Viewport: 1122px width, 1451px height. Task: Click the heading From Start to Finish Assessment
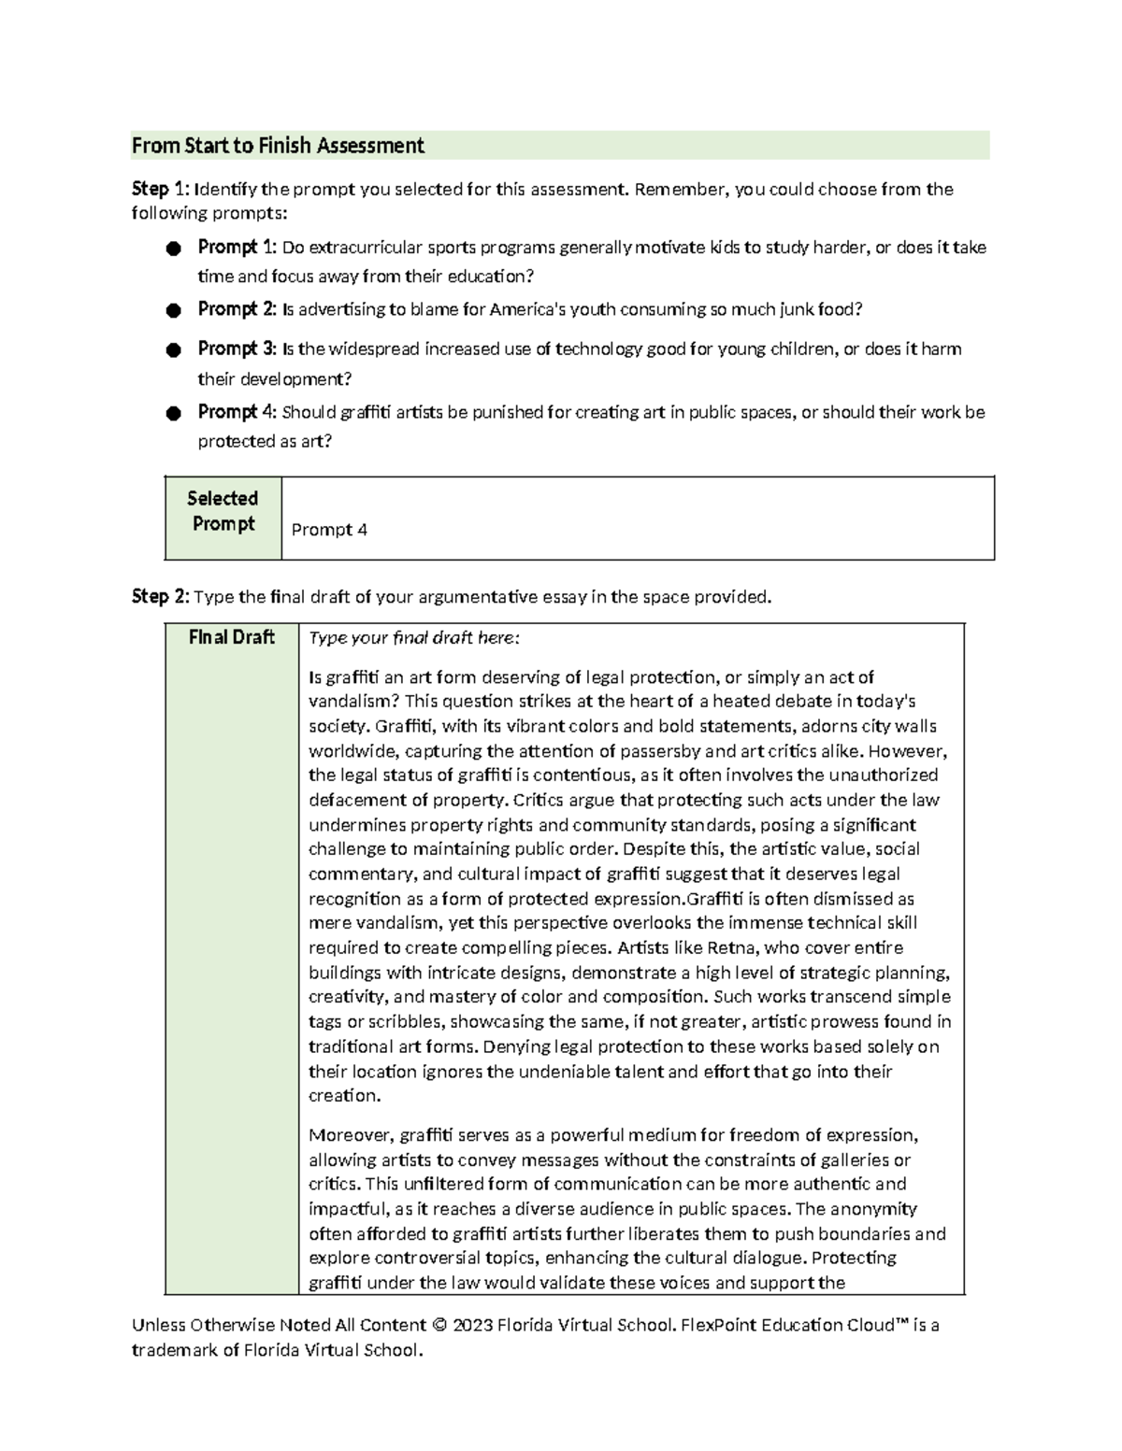[278, 146]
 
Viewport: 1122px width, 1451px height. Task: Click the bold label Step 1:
[150, 190]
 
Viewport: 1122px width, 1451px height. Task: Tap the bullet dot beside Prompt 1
[172, 249]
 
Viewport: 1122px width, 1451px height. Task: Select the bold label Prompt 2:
[237, 309]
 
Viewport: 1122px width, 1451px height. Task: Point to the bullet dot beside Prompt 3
[172, 350]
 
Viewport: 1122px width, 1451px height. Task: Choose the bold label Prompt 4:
[237, 412]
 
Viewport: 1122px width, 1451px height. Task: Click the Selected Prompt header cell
[223, 511]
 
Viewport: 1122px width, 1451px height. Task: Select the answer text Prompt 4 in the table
[329, 530]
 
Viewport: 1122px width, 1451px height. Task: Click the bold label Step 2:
[150, 597]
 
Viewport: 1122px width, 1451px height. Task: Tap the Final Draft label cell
[232, 637]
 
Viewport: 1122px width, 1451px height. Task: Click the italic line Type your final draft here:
[413, 638]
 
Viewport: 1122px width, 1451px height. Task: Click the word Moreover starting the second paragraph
[350, 1135]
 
